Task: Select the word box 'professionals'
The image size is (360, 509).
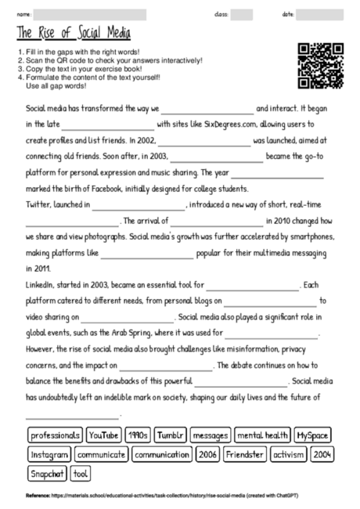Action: (x=55, y=435)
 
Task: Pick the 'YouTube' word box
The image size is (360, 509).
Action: (x=103, y=435)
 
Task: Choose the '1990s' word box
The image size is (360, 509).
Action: (x=137, y=435)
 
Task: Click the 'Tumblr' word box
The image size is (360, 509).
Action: (x=170, y=435)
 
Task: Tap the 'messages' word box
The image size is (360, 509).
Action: (x=210, y=435)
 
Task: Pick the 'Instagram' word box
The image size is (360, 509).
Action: (x=49, y=454)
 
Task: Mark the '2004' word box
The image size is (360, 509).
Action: (x=322, y=454)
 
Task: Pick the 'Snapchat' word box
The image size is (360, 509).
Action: (x=47, y=474)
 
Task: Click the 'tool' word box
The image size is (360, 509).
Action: (x=81, y=474)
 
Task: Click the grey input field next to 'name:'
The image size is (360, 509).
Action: (x=90, y=14)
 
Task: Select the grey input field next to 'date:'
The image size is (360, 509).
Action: (x=319, y=14)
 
